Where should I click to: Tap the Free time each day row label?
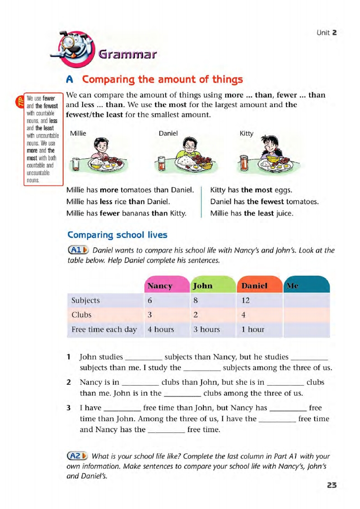pyautogui.click(x=104, y=329)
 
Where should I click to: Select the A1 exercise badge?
pyautogui.click(x=78, y=250)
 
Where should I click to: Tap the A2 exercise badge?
pyautogui.click(x=78, y=456)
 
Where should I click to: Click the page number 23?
pyautogui.click(x=332, y=485)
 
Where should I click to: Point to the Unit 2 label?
pyautogui.click(x=327, y=32)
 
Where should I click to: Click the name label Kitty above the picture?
pyautogui.click(x=247, y=134)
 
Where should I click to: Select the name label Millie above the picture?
pyautogui.click(x=78, y=134)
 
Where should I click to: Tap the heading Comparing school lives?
pyautogui.click(x=117, y=235)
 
